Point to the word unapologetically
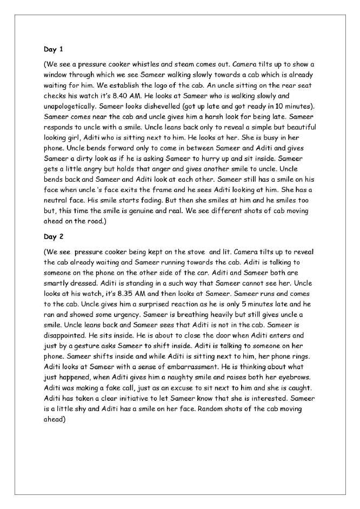(x=72, y=102)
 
